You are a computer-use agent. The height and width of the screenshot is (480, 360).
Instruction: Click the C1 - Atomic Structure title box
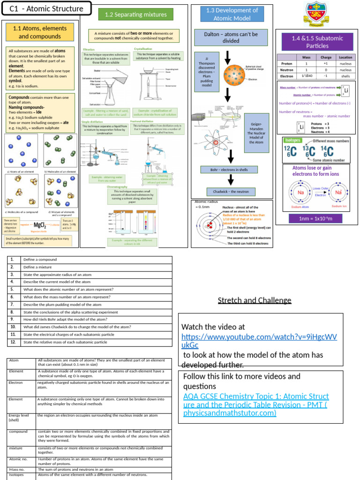point(46,8)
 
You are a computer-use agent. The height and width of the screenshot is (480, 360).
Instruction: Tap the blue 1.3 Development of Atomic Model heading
point(229,14)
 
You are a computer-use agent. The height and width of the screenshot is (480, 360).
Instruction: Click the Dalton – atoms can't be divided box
point(231,37)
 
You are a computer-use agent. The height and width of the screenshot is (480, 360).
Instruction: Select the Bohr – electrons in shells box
point(230,170)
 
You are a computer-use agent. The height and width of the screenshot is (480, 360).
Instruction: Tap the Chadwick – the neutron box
point(231,192)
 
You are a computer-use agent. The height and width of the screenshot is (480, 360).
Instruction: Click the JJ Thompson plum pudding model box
point(206,72)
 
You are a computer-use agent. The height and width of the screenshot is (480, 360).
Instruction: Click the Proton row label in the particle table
point(286,63)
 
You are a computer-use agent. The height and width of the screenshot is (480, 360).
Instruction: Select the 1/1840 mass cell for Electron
point(306,75)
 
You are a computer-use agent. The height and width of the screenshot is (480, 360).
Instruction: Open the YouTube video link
point(259,341)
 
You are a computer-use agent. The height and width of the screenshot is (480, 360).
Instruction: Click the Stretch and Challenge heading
point(255,300)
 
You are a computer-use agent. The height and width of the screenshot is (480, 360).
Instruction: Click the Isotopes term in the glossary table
point(16,475)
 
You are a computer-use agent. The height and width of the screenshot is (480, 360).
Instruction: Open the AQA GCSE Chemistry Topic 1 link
point(256,405)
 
